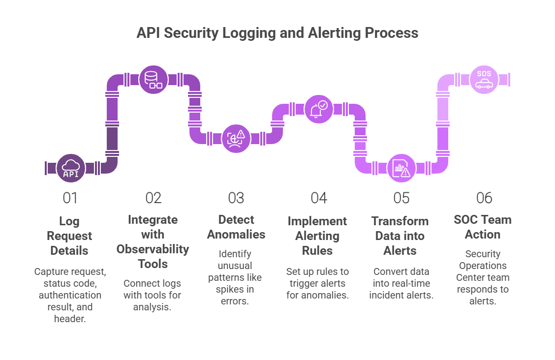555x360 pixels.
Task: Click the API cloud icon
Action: [71, 168]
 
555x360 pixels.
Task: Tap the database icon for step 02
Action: [153, 80]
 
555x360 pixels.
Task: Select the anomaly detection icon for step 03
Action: [236, 139]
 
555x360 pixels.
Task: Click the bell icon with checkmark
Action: [318, 109]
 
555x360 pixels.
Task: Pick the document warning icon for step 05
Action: [401, 168]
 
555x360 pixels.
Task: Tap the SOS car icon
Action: [484, 80]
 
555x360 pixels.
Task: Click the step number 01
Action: [70, 198]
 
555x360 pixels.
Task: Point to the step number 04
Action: [318, 198]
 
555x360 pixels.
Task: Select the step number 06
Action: [484, 198]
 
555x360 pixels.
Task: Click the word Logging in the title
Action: [249, 33]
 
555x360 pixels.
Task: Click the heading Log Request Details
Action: [69, 236]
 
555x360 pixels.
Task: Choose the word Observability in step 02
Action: [153, 249]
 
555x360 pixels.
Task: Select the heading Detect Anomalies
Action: [236, 227]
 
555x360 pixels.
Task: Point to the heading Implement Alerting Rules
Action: [317, 236]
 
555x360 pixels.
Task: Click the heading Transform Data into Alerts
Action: [400, 236]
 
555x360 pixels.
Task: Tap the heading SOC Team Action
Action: [483, 227]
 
